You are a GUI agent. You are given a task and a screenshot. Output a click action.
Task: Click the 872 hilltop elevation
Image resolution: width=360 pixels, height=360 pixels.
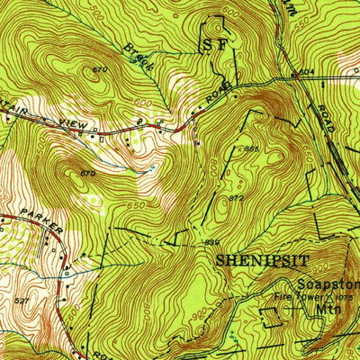tap(236, 197)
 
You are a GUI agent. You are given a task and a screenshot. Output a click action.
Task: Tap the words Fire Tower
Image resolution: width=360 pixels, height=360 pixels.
tap(296, 294)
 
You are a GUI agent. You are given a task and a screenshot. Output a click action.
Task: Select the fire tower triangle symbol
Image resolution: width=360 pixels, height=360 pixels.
tap(328, 296)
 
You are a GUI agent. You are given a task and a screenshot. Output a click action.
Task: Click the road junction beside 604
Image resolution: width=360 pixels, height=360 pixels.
tap(293, 78)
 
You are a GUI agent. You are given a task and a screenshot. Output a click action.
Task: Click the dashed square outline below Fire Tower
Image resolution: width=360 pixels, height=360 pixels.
tap(270, 314)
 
